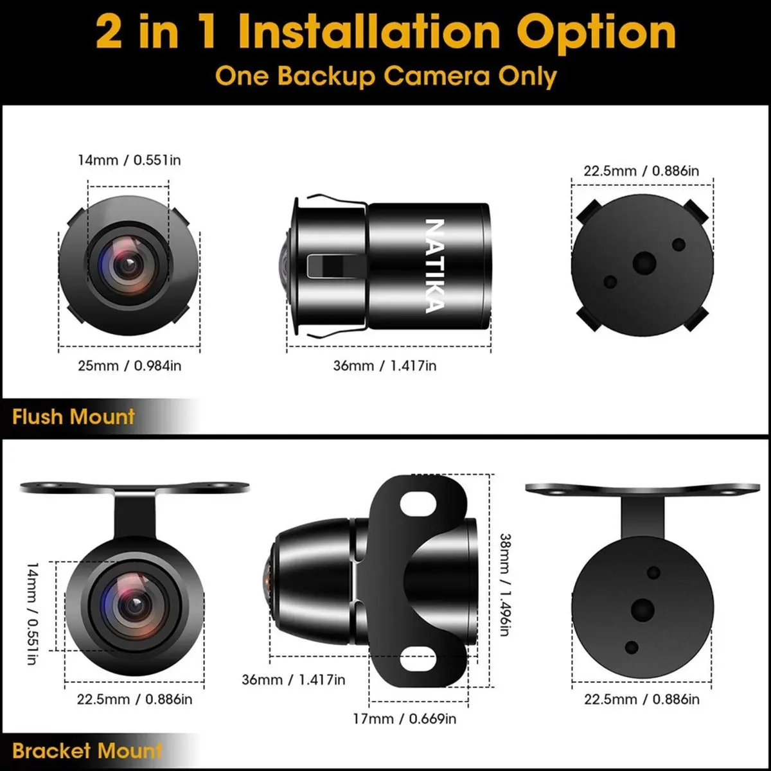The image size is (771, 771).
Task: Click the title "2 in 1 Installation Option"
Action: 385,33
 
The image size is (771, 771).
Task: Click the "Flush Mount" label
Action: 73,416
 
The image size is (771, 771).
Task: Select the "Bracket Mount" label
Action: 87,750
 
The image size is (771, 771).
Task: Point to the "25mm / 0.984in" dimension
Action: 129,366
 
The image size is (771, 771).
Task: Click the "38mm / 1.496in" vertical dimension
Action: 505,585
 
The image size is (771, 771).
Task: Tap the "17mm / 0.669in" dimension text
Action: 404,718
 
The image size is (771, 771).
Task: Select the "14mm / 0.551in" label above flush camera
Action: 129,160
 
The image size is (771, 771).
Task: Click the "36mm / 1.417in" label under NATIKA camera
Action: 384,366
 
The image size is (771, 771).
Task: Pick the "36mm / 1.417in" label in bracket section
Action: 293,680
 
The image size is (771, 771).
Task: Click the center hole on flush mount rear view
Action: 644,263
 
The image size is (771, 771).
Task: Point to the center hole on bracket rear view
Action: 642,610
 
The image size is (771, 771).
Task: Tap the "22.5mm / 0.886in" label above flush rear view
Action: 641,171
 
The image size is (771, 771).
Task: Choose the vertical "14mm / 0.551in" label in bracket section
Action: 33,614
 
